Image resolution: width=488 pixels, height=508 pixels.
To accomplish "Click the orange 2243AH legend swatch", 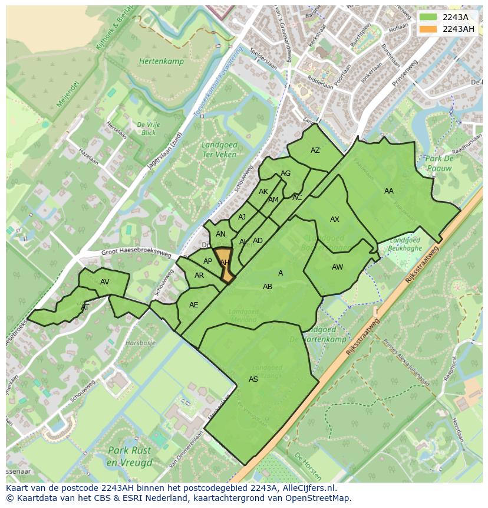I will [x=428, y=29].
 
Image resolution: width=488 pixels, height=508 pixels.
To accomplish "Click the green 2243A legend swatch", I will [x=428, y=17].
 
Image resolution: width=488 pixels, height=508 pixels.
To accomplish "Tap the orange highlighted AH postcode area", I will [x=225, y=266].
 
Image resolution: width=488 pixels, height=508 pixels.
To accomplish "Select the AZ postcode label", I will [x=315, y=150].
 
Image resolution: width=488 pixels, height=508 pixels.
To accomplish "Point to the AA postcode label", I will [x=389, y=191].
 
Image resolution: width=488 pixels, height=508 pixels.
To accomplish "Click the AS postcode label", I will [x=253, y=379].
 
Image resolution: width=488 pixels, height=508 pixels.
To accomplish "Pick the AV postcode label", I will [x=105, y=282].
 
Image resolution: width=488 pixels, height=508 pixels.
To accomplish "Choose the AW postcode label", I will [x=337, y=267].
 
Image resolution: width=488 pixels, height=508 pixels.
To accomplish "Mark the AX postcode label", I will [x=335, y=219].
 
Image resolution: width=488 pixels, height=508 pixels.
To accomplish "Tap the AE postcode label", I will [x=194, y=305].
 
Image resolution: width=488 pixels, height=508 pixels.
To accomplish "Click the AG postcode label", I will [x=286, y=173].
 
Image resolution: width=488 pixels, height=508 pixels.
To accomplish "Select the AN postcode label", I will [x=220, y=234].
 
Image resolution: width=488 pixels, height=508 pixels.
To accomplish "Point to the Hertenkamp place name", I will [x=161, y=61].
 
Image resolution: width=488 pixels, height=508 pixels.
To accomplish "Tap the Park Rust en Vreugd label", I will [x=130, y=456].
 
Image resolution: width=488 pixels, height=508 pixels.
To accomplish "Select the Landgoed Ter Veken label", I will [x=219, y=149].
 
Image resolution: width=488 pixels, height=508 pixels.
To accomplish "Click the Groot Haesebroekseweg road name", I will [x=136, y=254].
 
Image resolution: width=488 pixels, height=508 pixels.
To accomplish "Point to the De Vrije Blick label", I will [x=148, y=129].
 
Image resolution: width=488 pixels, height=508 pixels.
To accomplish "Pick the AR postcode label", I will [x=199, y=276].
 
